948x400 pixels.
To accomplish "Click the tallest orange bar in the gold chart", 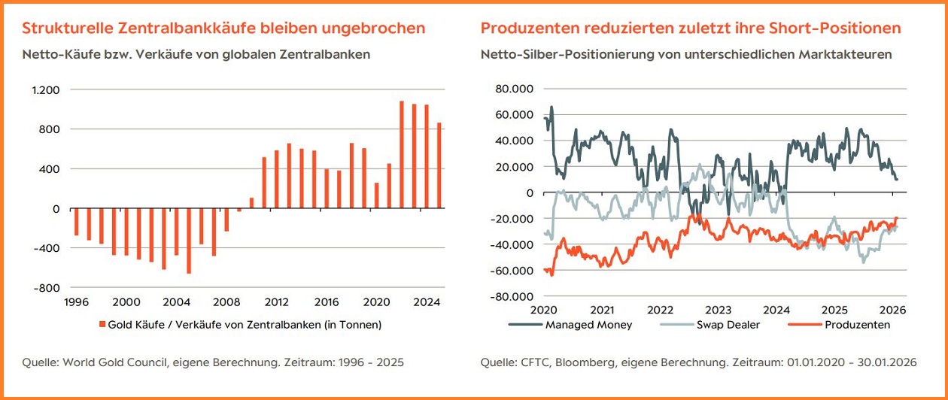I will pyautogui.click(x=402, y=154).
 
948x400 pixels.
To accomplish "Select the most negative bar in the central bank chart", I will pyautogui.click(x=189, y=241).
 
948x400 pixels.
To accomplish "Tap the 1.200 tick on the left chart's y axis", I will pyautogui.click(x=45, y=90).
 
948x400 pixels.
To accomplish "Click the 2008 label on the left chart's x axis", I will pyautogui.click(x=226, y=302).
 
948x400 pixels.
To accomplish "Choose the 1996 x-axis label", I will pyautogui.click(x=77, y=302).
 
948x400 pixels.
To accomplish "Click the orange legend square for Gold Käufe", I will pyautogui.click(x=102, y=325).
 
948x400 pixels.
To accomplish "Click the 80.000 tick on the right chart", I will pyautogui.click(x=515, y=89).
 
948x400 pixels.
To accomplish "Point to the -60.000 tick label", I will pyautogui.click(x=513, y=271).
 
